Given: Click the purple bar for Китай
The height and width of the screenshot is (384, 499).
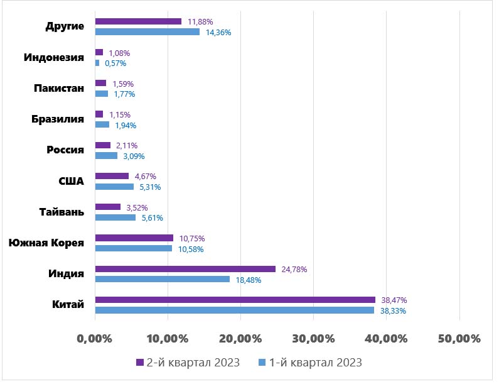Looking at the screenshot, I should pos(235,300).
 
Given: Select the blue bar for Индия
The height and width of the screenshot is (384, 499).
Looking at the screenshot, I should pos(162,279).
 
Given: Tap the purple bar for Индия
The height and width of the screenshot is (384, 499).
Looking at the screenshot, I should pos(185,269).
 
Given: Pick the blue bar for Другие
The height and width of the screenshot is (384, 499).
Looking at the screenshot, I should pos(147,31).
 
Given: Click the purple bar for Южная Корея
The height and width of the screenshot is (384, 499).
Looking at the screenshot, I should pos(134,238).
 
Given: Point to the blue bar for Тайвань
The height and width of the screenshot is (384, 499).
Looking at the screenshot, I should pos(115,217).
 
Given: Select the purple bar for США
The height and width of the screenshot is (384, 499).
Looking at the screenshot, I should pos(112,177).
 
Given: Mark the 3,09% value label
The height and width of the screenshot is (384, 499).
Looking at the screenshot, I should pos(132,156).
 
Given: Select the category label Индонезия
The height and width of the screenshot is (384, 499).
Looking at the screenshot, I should pos(54,58).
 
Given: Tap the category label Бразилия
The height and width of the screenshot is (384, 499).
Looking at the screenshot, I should pos(58,119).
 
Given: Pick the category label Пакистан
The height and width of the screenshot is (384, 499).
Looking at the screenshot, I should pos(59,89).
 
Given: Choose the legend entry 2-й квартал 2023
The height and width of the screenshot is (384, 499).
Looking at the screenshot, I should pos(188,363).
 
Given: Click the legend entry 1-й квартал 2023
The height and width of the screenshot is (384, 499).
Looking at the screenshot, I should pos(311,363).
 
